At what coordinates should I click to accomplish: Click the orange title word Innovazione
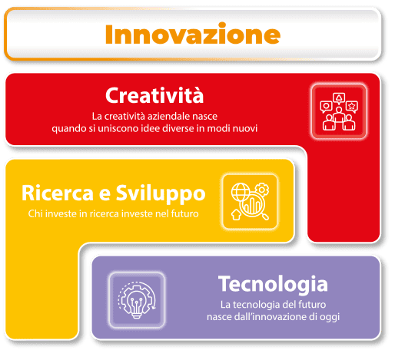[193, 34]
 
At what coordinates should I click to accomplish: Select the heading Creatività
[154, 95]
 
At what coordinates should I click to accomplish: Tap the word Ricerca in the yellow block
[58, 193]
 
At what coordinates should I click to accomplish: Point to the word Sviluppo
[161, 194]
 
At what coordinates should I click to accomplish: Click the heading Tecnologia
[273, 285]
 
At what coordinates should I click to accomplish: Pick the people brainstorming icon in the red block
[339, 111]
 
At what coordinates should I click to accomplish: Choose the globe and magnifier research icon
[250, 201]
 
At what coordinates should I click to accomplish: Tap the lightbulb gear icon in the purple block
[137, 300]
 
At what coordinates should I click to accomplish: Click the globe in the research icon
[241, 192]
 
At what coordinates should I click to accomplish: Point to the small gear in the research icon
[262, 190]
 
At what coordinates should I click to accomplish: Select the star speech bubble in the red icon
[352, 107]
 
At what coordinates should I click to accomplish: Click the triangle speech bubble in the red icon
[339, 98]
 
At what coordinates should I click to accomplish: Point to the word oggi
[330, 318]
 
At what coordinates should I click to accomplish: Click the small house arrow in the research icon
[236, 215]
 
